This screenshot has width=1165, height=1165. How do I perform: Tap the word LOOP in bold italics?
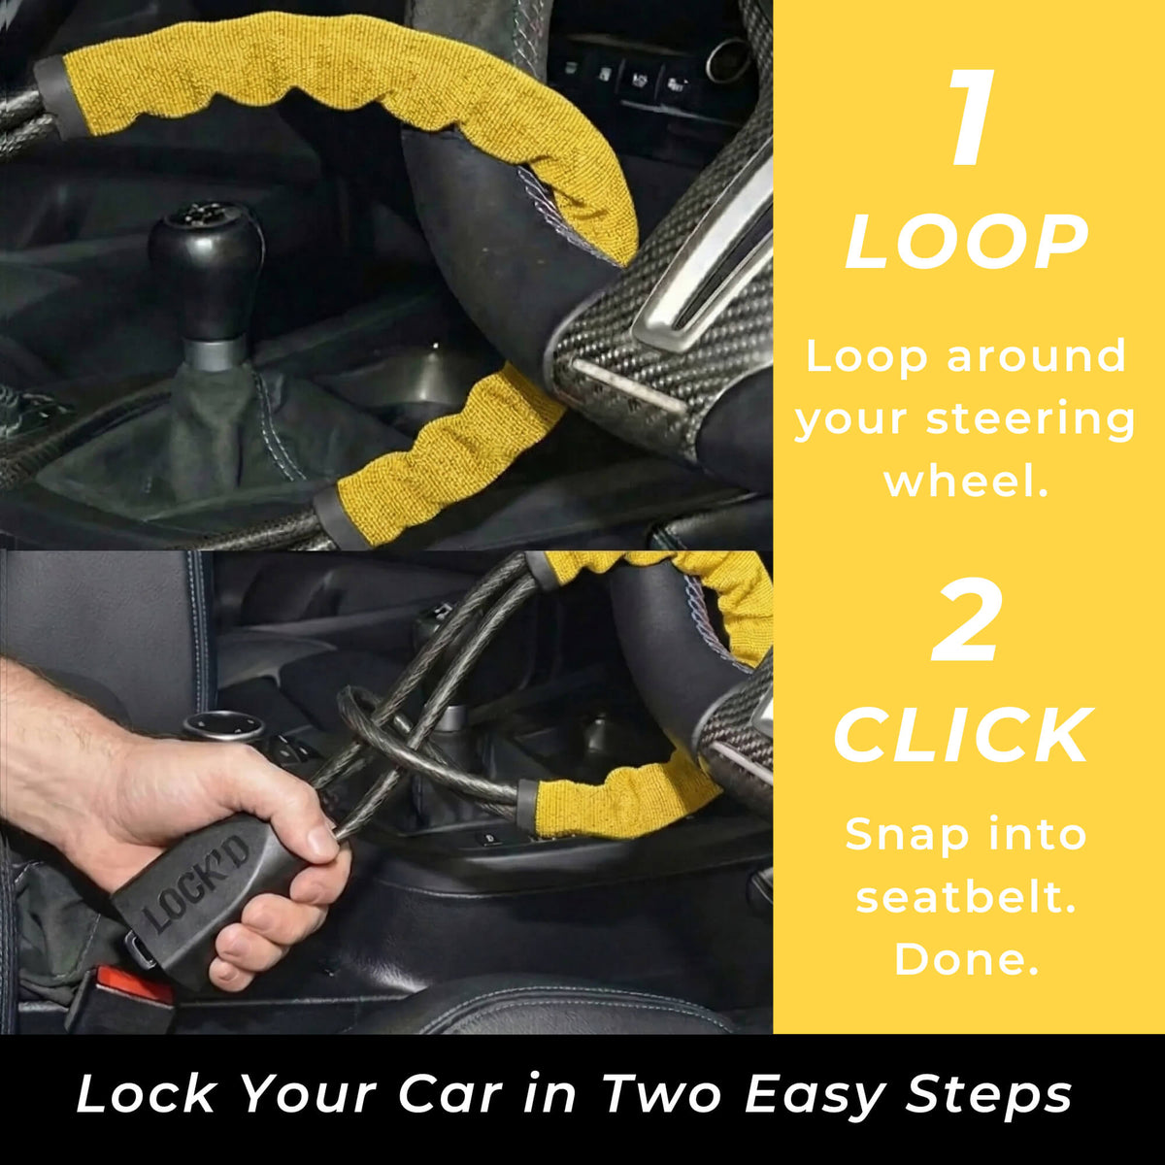coord(966,242)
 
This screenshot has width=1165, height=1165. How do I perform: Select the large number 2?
coord(967,621)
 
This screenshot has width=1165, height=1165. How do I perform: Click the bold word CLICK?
coord(964,735)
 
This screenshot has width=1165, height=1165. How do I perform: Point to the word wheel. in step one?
coord(965,481)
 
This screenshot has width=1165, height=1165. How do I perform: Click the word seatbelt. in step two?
coord(966,897)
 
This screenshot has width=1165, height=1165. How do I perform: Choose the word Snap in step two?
coord(896,837)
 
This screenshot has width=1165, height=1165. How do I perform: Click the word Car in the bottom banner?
coord(450,1094)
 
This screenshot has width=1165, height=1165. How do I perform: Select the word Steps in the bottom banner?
coord(988,1095)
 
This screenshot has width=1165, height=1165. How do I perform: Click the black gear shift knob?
coord(206,266)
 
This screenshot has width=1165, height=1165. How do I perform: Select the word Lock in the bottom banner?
coord(145,1094)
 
